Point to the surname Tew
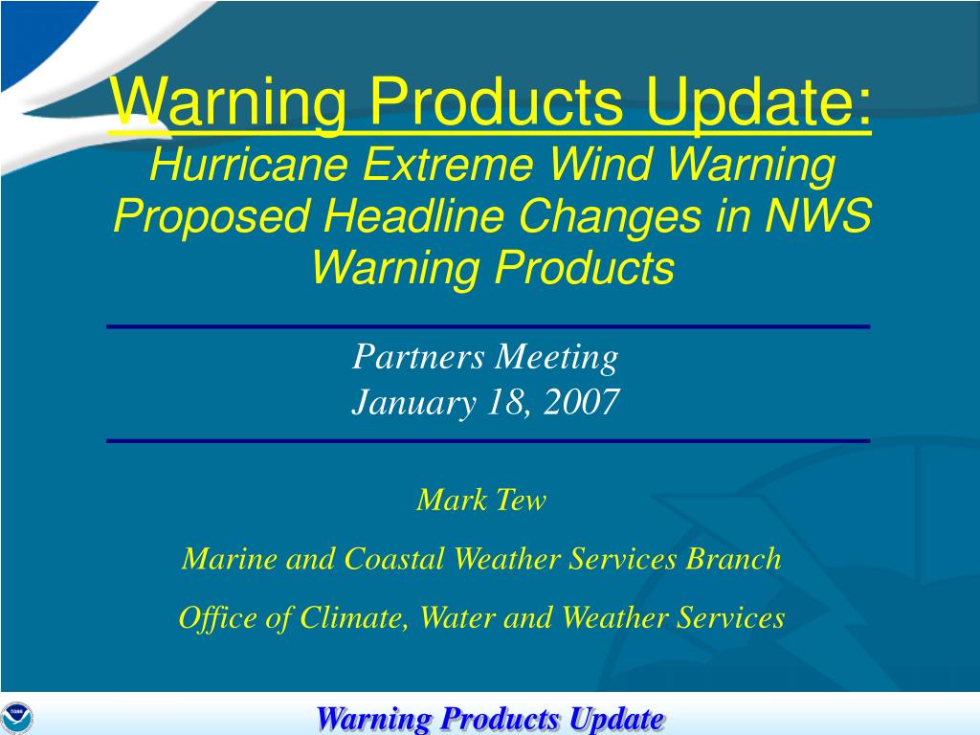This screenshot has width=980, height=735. pyautogui.click(x=522, y=500)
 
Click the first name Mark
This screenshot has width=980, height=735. pyautogui.click(x=450, y=500)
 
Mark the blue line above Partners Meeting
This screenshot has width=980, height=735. pyautogui.click(x=488, y=327)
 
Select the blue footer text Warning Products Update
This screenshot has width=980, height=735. pyautogui.click(x=490, y=718)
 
